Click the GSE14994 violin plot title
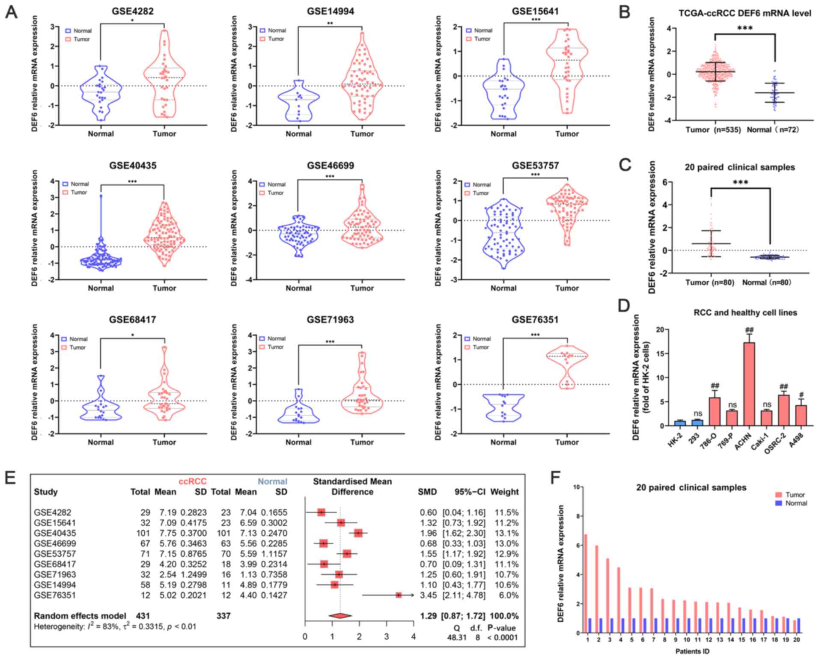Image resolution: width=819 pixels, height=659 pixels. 330,12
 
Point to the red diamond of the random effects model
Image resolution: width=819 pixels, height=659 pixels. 340,616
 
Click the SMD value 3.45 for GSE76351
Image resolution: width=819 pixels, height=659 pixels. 428,595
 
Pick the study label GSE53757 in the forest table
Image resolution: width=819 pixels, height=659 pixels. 53,554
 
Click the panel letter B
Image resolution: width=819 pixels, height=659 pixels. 625,12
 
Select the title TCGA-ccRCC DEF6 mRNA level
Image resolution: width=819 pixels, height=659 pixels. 745,13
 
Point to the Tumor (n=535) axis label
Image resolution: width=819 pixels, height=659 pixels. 713,129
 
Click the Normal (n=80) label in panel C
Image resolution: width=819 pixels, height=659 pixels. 766,282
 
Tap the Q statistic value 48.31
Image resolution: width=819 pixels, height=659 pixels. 457,638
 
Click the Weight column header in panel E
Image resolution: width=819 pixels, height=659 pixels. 504,492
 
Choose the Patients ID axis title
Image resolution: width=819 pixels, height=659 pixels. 692,651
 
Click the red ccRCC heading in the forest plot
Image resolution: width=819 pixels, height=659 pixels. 193,482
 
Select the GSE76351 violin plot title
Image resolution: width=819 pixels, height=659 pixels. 535,320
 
